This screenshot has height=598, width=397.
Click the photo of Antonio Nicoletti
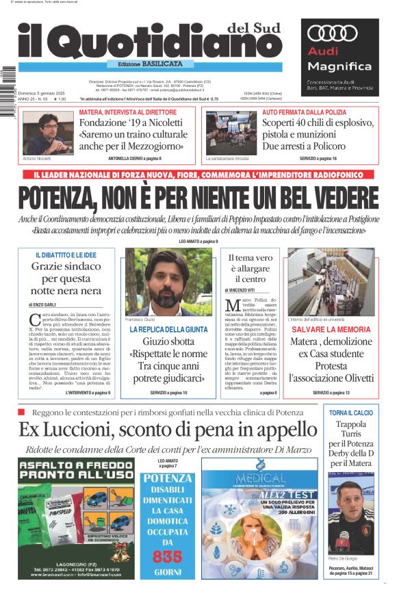coord(49,133)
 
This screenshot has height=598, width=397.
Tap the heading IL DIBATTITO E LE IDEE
coord(66,255)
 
